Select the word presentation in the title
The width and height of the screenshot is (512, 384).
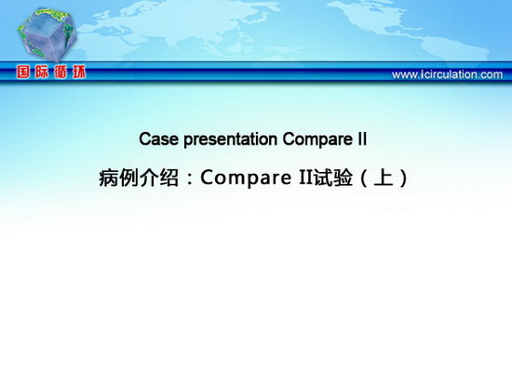pyautogui.click(x=231, y=140)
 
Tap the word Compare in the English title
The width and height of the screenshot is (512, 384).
pyautogui.click(x=317, y=140)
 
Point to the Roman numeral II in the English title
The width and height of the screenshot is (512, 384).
pyautogui.click(x=362, y=139)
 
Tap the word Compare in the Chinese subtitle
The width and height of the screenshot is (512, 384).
pyautogui.click(x=246, y=179)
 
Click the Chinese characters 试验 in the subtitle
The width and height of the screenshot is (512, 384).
pyautogui.click(x=333, y=178)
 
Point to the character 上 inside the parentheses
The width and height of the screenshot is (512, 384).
pyautogui.click(x=384, y=178)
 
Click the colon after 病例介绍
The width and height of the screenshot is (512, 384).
pyautogui.click(x=190, y=179)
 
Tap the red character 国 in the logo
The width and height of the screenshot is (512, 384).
pyautogui.click(x=23, y=73)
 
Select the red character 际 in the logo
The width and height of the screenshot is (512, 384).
pyautogui.click(x=42, y=73)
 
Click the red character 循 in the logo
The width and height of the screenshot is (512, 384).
pyautogui.click(x=61, y=73)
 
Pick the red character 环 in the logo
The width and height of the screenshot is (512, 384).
pyautogui.click(x=79, y=73)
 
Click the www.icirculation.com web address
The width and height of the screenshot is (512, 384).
pyautogui.click(x=447, y=74)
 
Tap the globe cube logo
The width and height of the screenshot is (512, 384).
pyautogui.click(x=47, y=35)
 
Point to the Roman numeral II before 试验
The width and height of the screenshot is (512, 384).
pyautogui.click(x=305, y=178)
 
